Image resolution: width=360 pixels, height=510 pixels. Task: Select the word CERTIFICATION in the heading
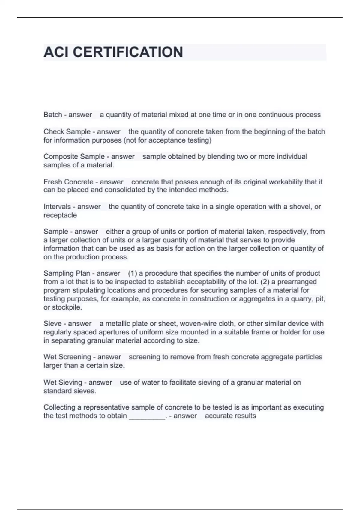128,52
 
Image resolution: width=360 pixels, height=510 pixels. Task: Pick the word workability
286,182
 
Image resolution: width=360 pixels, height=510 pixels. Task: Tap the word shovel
300,207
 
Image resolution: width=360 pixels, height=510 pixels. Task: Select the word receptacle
60,215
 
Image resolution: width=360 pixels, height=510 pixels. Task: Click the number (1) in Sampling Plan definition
132,273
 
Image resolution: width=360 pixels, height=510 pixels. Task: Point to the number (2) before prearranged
266,282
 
